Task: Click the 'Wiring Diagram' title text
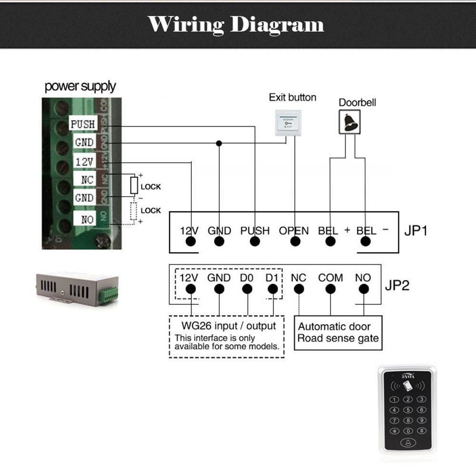pos(236,24)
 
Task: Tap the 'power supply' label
pos(80,86)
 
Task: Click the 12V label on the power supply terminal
pos(84,162)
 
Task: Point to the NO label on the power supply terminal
pos(87,219)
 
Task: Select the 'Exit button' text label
pos(292,97)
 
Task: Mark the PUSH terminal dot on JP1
pos(255,241)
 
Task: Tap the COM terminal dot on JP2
pos(330,289)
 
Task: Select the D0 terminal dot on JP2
pos(247,289)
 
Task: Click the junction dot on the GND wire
pos(219,143)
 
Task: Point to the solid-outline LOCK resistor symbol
pos(134,185)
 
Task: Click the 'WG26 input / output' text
pos(228,326)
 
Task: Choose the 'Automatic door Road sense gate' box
pos(338,332)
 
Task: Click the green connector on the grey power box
pos(109,295)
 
